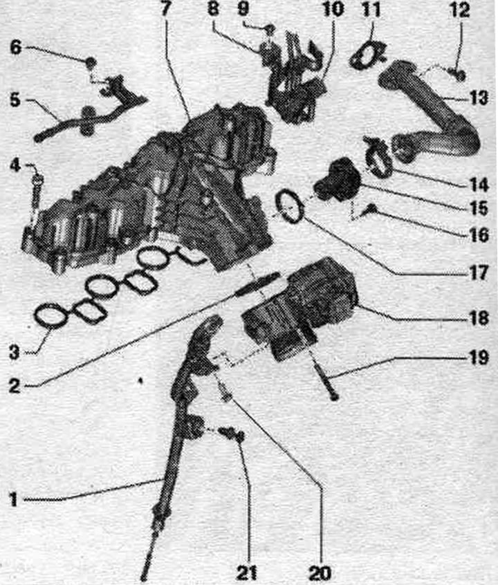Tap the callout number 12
coord(460,10)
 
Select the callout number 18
coord(479,318)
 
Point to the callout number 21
coord(247,572)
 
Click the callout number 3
coord(15,352)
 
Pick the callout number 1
coord(13,499)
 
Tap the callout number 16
coord(479,234)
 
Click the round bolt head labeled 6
coord(91,62)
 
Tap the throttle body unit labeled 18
coord(299,308)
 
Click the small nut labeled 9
coord(272,28)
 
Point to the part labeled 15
coord(337,180)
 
